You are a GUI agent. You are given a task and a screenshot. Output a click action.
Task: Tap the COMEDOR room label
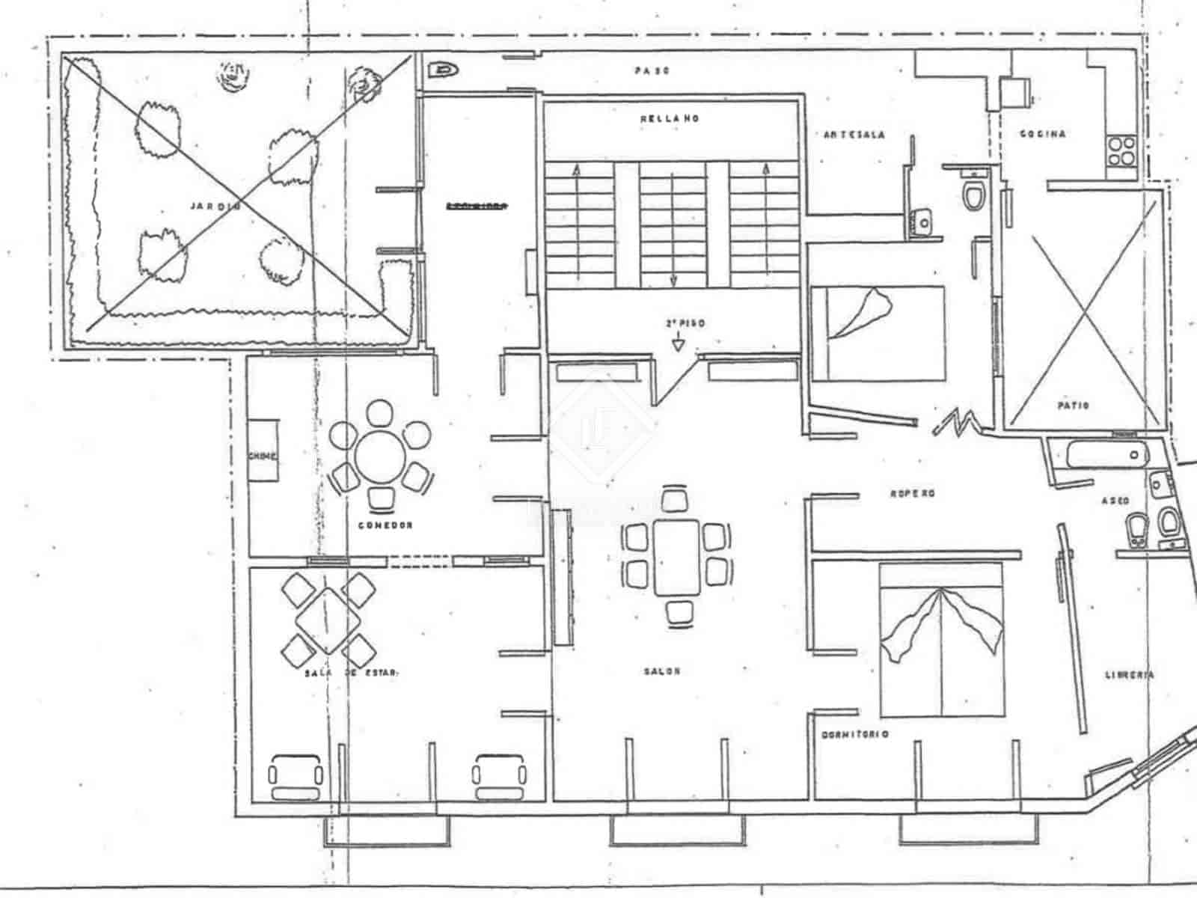385,525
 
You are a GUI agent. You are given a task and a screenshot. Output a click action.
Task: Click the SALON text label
662,671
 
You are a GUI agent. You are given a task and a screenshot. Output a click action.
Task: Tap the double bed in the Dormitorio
941,640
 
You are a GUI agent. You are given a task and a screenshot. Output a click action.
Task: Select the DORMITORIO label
855,735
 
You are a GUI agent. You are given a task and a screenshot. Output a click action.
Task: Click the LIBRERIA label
1130,674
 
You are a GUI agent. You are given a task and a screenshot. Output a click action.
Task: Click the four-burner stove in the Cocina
1121,150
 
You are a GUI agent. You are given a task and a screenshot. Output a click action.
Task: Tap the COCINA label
1043,134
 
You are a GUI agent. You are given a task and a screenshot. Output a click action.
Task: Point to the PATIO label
1073,406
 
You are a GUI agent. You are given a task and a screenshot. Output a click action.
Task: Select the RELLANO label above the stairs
670,118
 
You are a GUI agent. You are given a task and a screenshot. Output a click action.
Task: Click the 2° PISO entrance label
685,324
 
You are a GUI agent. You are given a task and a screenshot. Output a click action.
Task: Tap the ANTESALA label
854,135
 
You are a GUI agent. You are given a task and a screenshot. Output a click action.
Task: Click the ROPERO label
913,494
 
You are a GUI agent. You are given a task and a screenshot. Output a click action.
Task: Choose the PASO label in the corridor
652,71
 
